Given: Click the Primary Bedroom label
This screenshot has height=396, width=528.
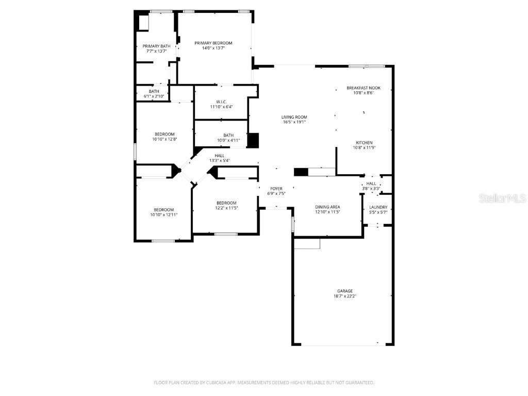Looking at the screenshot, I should (x=213, y=43).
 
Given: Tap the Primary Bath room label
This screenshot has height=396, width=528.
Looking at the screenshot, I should (x=156, y=46).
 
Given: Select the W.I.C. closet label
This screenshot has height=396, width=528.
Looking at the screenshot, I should (x=221, y=102).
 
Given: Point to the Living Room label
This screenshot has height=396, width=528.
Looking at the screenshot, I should (x=294, y=117).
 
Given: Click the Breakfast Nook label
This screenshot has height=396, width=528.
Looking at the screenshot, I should (x=364, y=88).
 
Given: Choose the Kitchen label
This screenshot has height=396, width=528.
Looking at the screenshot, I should (x=364, y=142).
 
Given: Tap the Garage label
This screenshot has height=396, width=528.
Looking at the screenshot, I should (x=345, y=291).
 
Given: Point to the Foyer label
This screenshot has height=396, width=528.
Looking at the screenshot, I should (x=276, y=189).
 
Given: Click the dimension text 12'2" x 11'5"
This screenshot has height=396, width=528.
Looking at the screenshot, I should (x=226, y=208).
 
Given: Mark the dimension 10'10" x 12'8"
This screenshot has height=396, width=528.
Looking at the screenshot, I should (x=164, y=139).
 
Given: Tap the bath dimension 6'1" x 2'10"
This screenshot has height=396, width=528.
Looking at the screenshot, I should (x=154, y=96).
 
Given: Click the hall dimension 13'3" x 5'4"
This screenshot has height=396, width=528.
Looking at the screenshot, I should (x=220, y=160).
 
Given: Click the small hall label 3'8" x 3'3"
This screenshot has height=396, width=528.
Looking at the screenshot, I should (x=371, y=189).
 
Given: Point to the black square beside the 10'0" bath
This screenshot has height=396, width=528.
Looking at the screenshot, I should (x=253, y=141).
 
